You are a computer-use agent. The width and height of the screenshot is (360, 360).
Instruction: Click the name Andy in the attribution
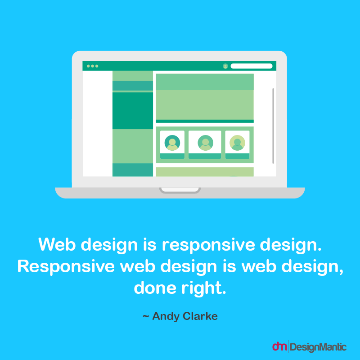tap(166, 316)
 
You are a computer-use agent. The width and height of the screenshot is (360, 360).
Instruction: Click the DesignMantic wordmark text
tap(318, 347)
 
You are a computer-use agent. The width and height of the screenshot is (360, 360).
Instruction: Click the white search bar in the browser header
tap(251, 66)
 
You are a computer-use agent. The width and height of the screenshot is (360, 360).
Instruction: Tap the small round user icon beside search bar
tap(225, 66)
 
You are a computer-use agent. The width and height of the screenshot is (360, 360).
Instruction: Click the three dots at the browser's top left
tap(92, 66)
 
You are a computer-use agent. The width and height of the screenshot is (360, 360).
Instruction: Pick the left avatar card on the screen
tap(172, 144)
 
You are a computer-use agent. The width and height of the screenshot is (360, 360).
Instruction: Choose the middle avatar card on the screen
tap(205, 144)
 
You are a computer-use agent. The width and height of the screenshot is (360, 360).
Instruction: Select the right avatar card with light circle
tap(237, 144)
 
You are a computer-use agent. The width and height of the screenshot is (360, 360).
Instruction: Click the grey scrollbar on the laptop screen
tap(273, 126)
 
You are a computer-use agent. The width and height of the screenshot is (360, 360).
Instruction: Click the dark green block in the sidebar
tap(133, 111)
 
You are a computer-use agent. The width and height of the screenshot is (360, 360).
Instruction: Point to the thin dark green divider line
tap(205, 121)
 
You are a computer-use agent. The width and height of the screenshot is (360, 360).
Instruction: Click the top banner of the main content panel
tap(205, 82)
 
